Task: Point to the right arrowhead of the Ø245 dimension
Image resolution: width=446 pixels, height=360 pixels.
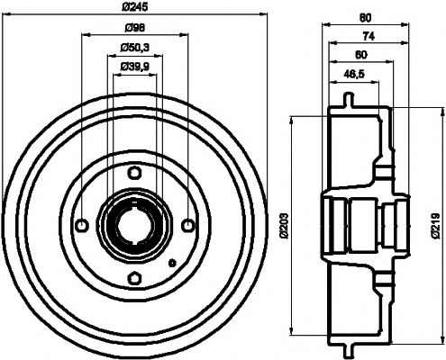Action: (x=265, y=16)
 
